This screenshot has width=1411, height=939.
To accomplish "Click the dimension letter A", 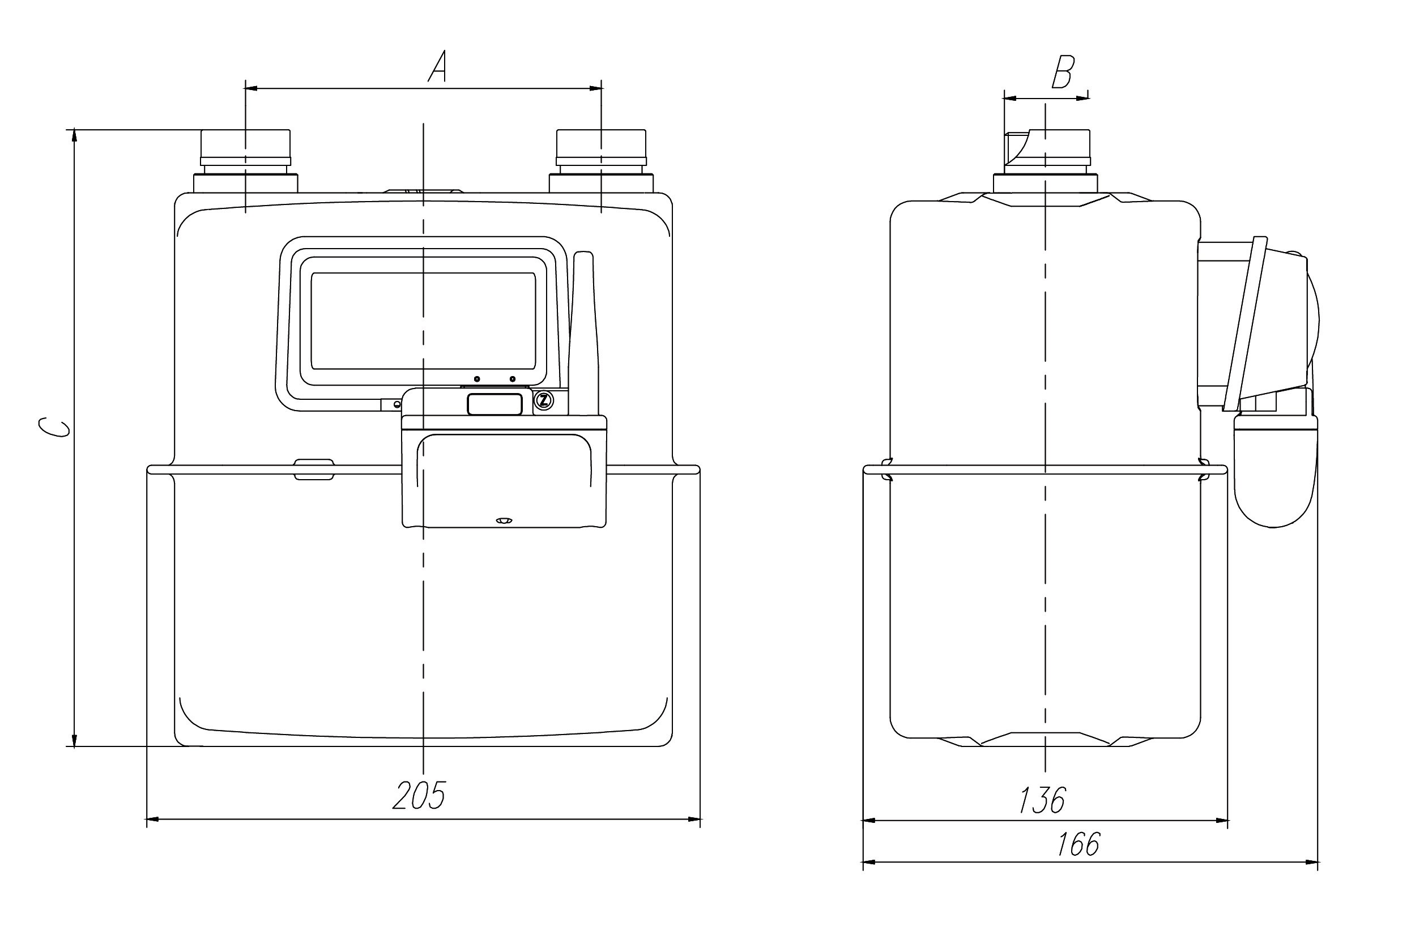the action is pos(438,66).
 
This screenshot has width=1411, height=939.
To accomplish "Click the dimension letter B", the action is pos(1063,72).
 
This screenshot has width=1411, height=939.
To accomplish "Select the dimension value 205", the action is pos(420,795).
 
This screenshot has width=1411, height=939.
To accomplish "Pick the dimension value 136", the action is pos(1043,800).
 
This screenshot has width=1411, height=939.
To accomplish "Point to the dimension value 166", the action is pos(1078,844).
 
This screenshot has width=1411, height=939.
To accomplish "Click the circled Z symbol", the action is pos(544,400).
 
